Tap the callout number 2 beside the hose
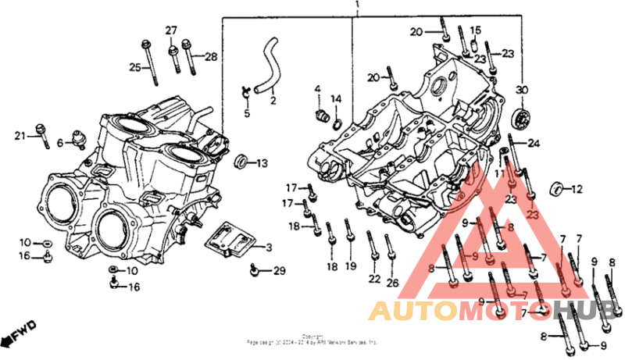[x=273, y=100]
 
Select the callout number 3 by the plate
[x=268, y=248]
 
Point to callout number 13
[x=262, y=163]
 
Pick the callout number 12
[x=577, y=189]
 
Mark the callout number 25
[x=134, y=68]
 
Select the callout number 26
[x=392, y=282]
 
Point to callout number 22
[x=374, y=279]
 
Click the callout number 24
[x=534, y=143]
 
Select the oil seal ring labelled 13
[x=243, y=162]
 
